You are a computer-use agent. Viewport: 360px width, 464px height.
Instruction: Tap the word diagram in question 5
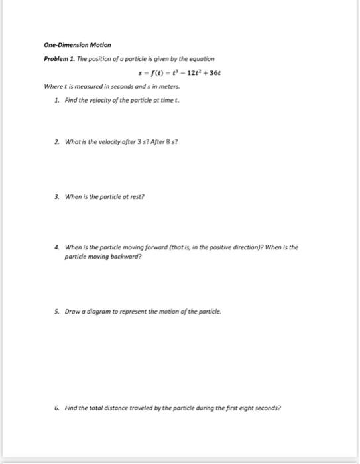coord(101,310)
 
